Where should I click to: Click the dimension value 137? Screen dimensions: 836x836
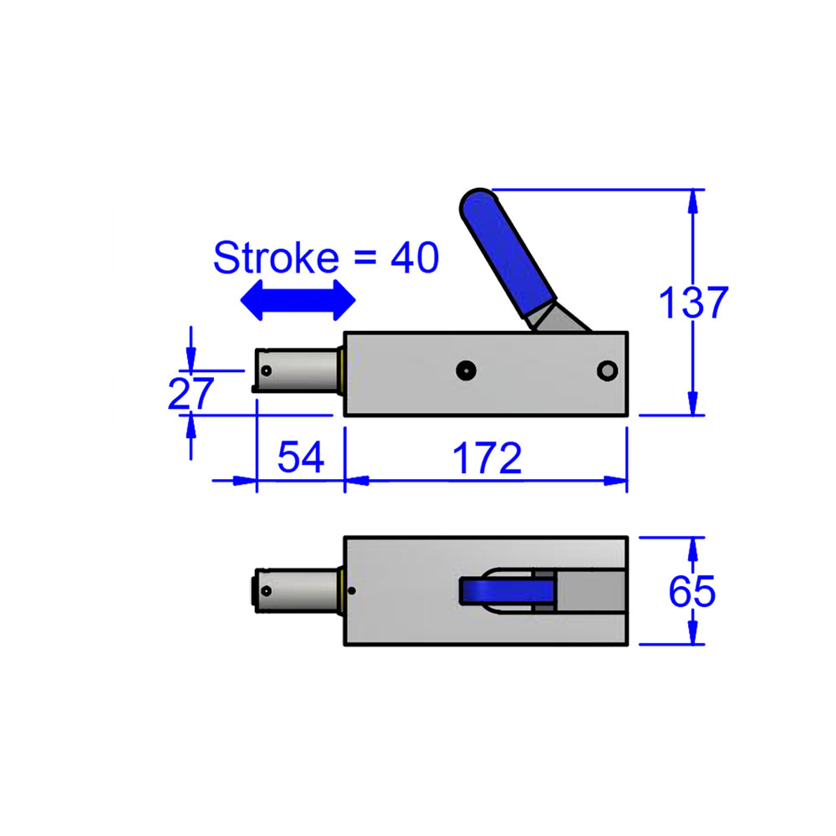[x=693, y=303]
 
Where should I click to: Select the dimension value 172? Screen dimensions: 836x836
[x=487, y=459]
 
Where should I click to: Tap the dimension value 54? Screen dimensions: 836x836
[x=300, y=459]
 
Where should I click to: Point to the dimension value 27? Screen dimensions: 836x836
[x=191, y=393]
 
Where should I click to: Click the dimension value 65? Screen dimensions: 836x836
[x=692, y=592]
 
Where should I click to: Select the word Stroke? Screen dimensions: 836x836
[x=275, y=258]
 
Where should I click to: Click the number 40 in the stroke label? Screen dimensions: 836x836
[x=414, y=258]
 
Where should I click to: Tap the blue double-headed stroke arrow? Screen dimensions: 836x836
[x=298, y=299]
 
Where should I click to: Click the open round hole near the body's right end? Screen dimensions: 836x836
[x=607, y=370]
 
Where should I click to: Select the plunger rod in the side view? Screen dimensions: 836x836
[x=301, y=370]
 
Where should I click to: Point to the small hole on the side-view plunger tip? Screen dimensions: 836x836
[x=266, y=370]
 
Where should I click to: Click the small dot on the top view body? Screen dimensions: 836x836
[x=352, y=591]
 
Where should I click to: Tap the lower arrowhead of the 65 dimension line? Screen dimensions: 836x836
[x=693, y=636]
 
